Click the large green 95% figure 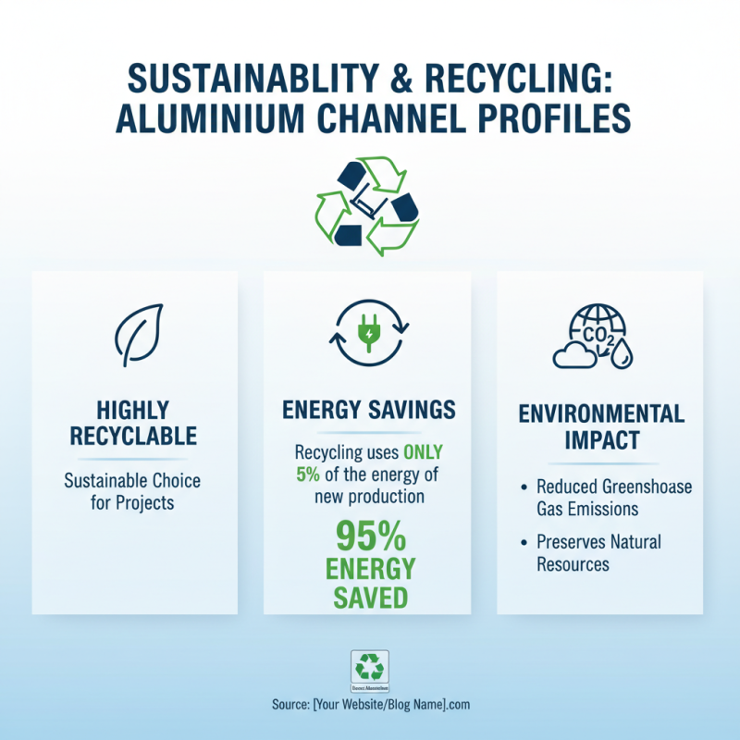369,537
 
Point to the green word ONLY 421,453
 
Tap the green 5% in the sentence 308,475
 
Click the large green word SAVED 369,596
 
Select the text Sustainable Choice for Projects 132,491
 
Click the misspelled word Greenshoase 647,487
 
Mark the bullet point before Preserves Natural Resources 524,541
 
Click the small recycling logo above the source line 370,667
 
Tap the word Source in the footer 293,705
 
